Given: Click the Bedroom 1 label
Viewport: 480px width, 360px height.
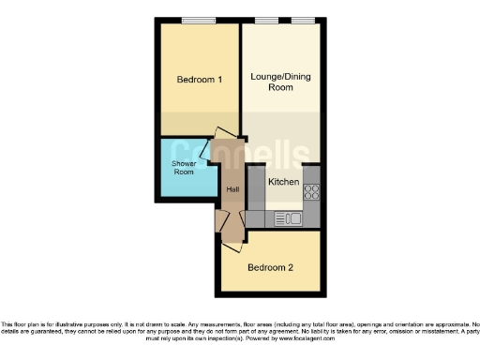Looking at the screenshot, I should click(199, 80).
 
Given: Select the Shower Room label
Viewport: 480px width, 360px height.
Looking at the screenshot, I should click(183, 168).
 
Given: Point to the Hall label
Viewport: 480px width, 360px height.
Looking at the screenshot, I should click(232, 189).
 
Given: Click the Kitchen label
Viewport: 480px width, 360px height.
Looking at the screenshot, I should click(284, 182).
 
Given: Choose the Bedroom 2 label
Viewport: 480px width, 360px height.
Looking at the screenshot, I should click(270, 267).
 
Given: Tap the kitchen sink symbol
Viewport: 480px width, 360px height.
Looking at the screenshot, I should click(288, 218).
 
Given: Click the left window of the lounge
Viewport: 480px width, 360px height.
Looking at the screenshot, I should click(266, 20).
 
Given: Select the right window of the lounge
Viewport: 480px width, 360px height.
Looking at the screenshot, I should click(303, 20).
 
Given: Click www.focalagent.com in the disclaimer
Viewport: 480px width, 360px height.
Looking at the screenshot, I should click(329, 337).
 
